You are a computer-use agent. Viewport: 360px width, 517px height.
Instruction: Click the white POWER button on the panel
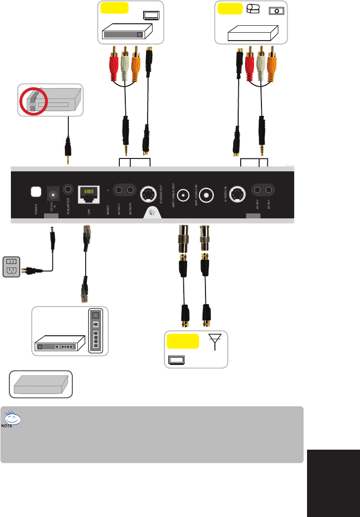[x=35, y=191]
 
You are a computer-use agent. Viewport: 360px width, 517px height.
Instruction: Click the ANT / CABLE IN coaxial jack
[x=205, y=195]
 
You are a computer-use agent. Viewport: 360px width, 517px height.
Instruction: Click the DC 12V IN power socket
[x=52, y=192]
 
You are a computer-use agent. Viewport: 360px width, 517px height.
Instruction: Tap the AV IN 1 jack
[x=269, y=190]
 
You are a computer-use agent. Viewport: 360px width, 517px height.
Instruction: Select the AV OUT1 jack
[x=119, y=190]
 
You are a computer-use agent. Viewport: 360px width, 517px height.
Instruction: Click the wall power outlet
[x=11, y=266]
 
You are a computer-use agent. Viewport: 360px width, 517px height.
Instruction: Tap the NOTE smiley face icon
[x=14, y=419]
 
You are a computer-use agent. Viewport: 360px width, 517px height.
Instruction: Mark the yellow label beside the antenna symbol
[x=183, y=341]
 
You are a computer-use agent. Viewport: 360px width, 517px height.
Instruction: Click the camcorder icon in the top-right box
[x=254, y=10]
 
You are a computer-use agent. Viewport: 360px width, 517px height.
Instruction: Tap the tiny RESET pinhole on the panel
[x=107, y=189]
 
